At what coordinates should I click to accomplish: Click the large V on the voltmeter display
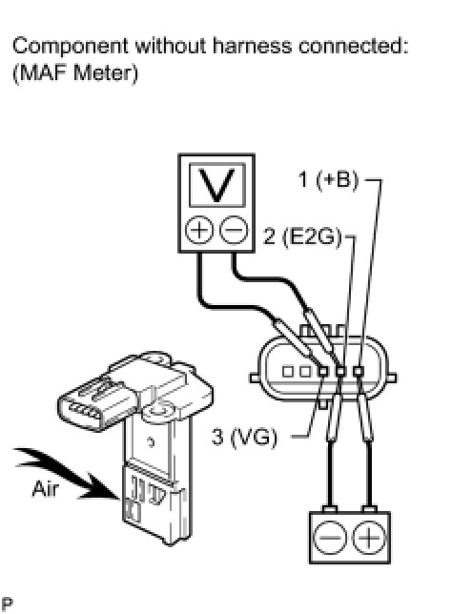pyautogui.click(x=217, y=185)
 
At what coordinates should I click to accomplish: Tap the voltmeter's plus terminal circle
pyautogui.click(x=199, y=230)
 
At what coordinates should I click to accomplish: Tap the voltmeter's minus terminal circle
pyautogui.click(x=234, y=230)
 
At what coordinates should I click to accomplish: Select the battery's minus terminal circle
pyautogui.click(x=330, y=538)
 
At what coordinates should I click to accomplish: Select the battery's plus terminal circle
pyautogui.click(x=369, y=538)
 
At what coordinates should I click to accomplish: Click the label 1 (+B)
pyautogui.click(x=328, y=180)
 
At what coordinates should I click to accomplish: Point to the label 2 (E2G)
pyautogui.click(x=303, y=236)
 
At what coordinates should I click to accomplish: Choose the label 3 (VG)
pyautogui.click(x=244, y=437)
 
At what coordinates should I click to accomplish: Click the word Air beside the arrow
pyautogui.click(x=46, y=489)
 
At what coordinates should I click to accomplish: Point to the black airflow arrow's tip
pyautogui.click(x=118, y=499)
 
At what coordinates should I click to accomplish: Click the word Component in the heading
pyautogui.click(x=71, y=47)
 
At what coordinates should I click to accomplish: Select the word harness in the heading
pyautogui.click(x=253, y=46)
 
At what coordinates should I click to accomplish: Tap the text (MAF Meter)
pyautogui.click(x=75, y=72)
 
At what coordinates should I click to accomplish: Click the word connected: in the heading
pyautogui.click(x=354, y=46)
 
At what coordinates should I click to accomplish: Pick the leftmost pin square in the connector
pyautogui.click(x=288, y=371)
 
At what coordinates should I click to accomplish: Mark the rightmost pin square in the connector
pyautogui.click(x=359, y=371)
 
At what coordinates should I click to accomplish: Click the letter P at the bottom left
pyautogui.click(x=7, y=604)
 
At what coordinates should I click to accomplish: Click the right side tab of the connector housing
pyautogui.click(x=392, y=378)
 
